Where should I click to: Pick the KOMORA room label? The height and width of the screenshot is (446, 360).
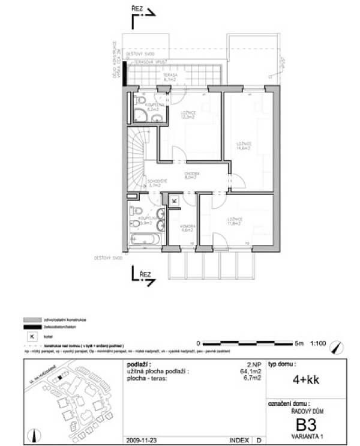click(187, 228)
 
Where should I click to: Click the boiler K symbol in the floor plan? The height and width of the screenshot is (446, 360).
click(174, 200)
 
